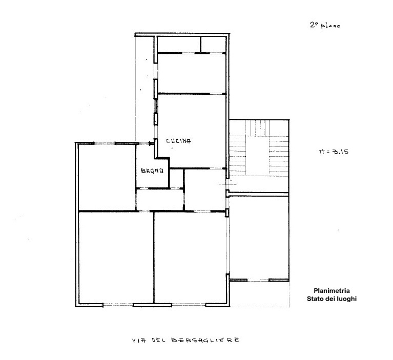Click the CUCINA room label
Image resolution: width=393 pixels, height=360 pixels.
(x=178, y=141)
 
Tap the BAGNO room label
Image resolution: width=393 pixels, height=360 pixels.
(x=152, y=172)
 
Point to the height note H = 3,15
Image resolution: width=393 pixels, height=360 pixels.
(x=334, y=152)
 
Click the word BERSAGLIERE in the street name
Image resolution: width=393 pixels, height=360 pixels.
(x=202, y=340)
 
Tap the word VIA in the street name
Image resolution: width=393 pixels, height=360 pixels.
(x=137, y=340)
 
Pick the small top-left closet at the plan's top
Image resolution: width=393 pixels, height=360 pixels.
(x=178, y=45)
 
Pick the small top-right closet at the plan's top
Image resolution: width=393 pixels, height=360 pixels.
(x=213, y=45)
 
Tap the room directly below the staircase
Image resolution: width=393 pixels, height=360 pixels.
(x=259, y=236)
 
